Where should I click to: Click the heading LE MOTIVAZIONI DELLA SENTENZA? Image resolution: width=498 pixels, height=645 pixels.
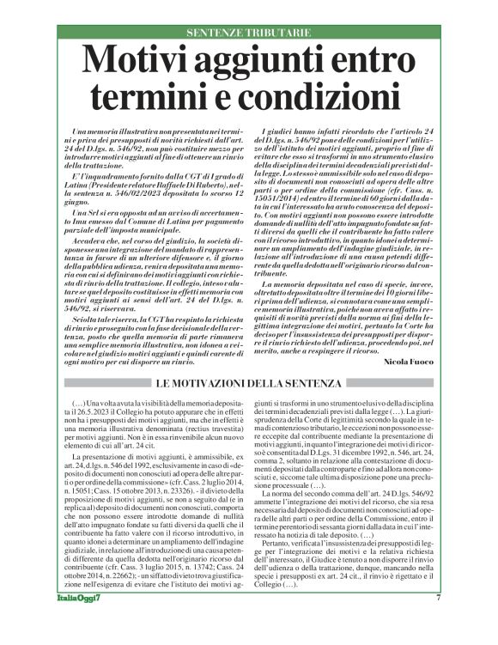tap(248, 382)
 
